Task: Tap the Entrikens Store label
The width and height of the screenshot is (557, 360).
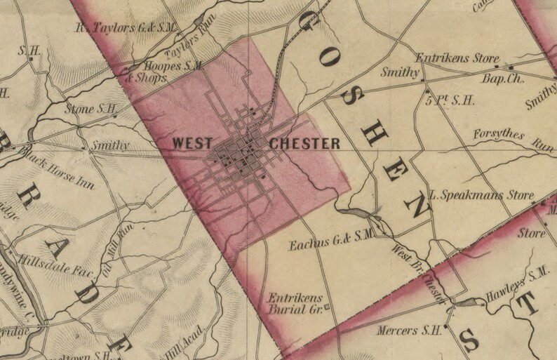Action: tap(457, 58)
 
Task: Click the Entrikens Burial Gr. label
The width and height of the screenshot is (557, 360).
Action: tap(294, 302)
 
